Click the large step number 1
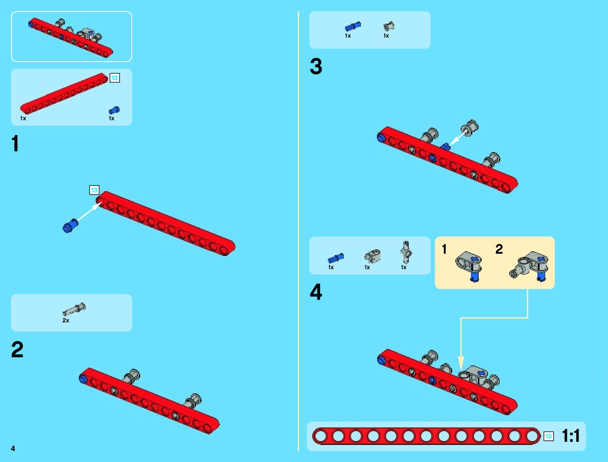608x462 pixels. click(x=15, y=144)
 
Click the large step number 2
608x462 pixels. click(x=17, y=350)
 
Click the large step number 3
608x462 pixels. click(x=316, y=66)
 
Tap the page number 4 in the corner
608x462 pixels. click(x=13, y=449)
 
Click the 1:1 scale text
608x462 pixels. click(x=571, y=436)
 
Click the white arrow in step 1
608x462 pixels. click(x=89, y=212)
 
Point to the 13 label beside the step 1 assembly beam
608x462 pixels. click(x=94, y=190)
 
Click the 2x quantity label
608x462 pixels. click(x=66, y=320)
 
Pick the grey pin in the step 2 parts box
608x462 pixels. click(x=74, y=310)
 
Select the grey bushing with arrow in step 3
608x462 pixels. click(x=470, y=127)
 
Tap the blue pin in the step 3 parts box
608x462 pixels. click(x=352, y=26)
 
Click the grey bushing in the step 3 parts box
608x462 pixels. click(x=388, y=26)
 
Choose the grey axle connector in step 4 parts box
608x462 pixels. click(x=406, y=252)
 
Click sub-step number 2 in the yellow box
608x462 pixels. click(x=499, y=249)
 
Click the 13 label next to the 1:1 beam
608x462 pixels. click(x=548, y=436)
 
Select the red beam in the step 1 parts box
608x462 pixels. click(x=64, y=93)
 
